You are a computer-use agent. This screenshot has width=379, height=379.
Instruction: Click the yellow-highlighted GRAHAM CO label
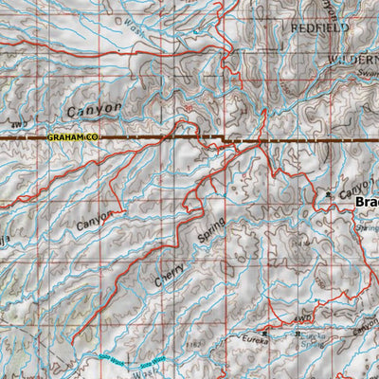click(x=72, y=138)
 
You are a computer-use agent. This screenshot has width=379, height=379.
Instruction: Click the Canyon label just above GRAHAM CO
click(x=94, y=110)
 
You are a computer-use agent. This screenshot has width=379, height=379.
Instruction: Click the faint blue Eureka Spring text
click(x=313, y=343)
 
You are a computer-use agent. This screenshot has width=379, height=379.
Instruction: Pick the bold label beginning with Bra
click(x=367, y=202)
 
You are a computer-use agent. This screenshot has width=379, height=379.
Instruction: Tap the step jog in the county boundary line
click(x=225, y=141)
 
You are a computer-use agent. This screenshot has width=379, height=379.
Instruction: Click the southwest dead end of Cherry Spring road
click(x=73, y=338)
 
